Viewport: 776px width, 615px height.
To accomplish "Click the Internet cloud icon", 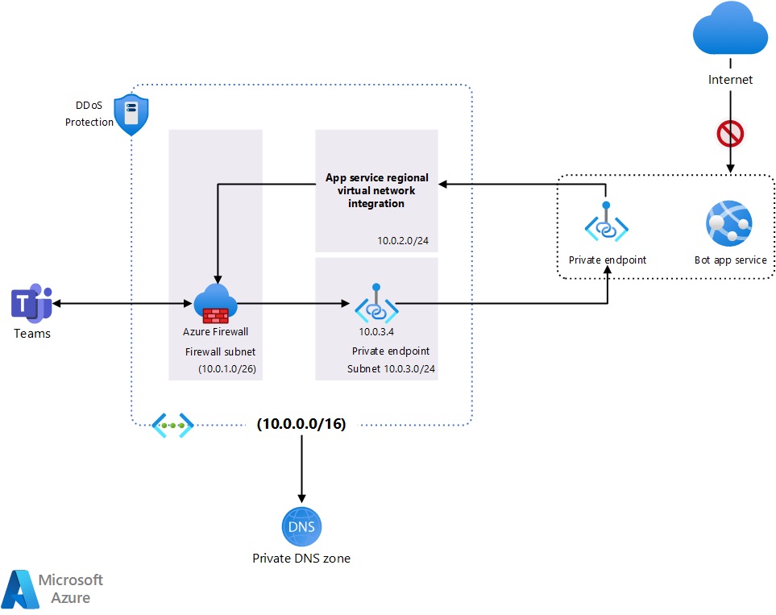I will click(x=730, y=29).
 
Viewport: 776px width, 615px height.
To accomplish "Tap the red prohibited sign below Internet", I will click(x=730, y=134).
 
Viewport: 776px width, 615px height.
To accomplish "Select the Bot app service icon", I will click(x=728, y=223).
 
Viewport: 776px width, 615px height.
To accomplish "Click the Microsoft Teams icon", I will click(x=31, y=304).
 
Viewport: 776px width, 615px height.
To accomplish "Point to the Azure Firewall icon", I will click(x=215, y=304).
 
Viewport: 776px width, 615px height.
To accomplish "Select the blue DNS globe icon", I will click(x=301, y=528).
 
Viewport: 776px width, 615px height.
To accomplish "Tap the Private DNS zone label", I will click(x=301, y=558).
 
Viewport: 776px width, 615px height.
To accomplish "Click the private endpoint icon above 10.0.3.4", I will click(x=376, y=303).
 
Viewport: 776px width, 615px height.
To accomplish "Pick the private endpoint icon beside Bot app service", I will click(x=607, y=224).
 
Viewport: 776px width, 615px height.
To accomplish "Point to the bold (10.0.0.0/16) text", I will click(x=301, y=424).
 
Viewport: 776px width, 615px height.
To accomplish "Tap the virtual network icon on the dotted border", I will click(x=173, y=425).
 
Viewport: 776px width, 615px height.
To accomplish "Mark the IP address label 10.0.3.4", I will click(x=376, y=330).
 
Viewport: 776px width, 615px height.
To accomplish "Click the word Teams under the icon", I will click(x=32, y=334).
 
